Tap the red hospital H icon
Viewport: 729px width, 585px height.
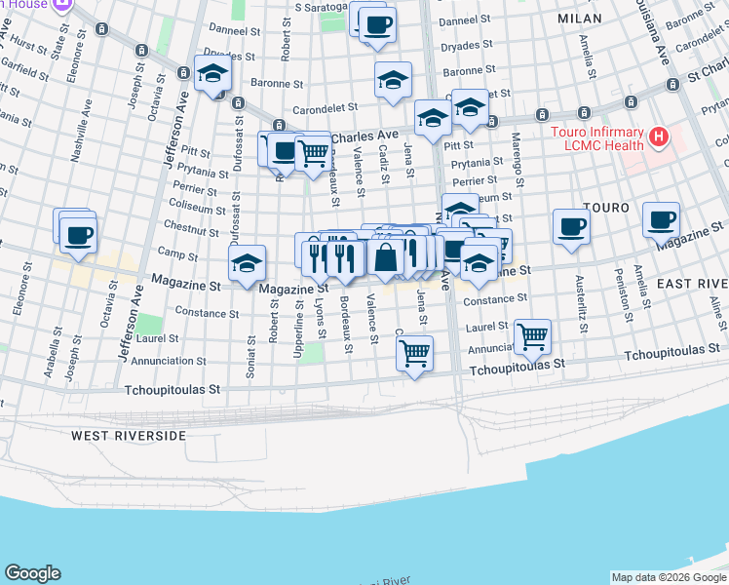coord(659,136)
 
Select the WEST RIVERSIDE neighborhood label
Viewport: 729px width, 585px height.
coord(128,435)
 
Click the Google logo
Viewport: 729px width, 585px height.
coord(32,573)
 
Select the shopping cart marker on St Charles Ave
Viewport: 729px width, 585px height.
coord(312,152)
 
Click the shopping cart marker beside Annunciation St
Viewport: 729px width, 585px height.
coord(532,336)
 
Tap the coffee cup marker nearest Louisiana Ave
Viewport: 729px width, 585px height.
coord(662,220)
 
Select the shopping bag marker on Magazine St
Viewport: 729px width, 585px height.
coord(386,258)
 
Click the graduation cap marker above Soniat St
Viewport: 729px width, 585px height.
coord(248,263)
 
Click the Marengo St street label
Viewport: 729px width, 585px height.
coord(518,152)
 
